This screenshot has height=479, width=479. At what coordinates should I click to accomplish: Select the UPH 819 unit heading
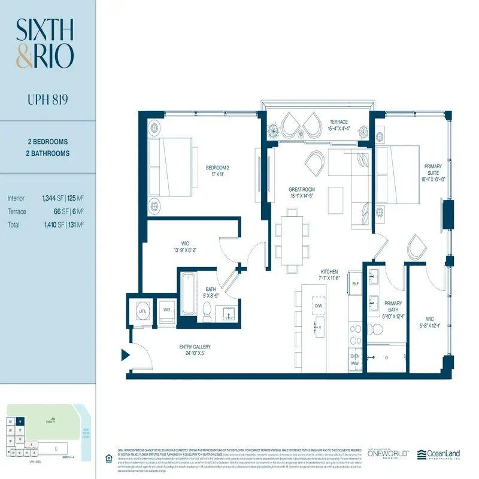47,98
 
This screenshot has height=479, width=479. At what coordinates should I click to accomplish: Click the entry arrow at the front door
126,355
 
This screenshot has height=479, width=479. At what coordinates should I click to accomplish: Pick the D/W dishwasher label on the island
319,306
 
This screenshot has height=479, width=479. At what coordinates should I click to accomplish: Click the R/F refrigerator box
355,284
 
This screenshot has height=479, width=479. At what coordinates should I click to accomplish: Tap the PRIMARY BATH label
393,307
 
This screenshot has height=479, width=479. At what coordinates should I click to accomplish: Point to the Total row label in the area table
14,225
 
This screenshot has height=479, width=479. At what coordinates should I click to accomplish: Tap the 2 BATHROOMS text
48,153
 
